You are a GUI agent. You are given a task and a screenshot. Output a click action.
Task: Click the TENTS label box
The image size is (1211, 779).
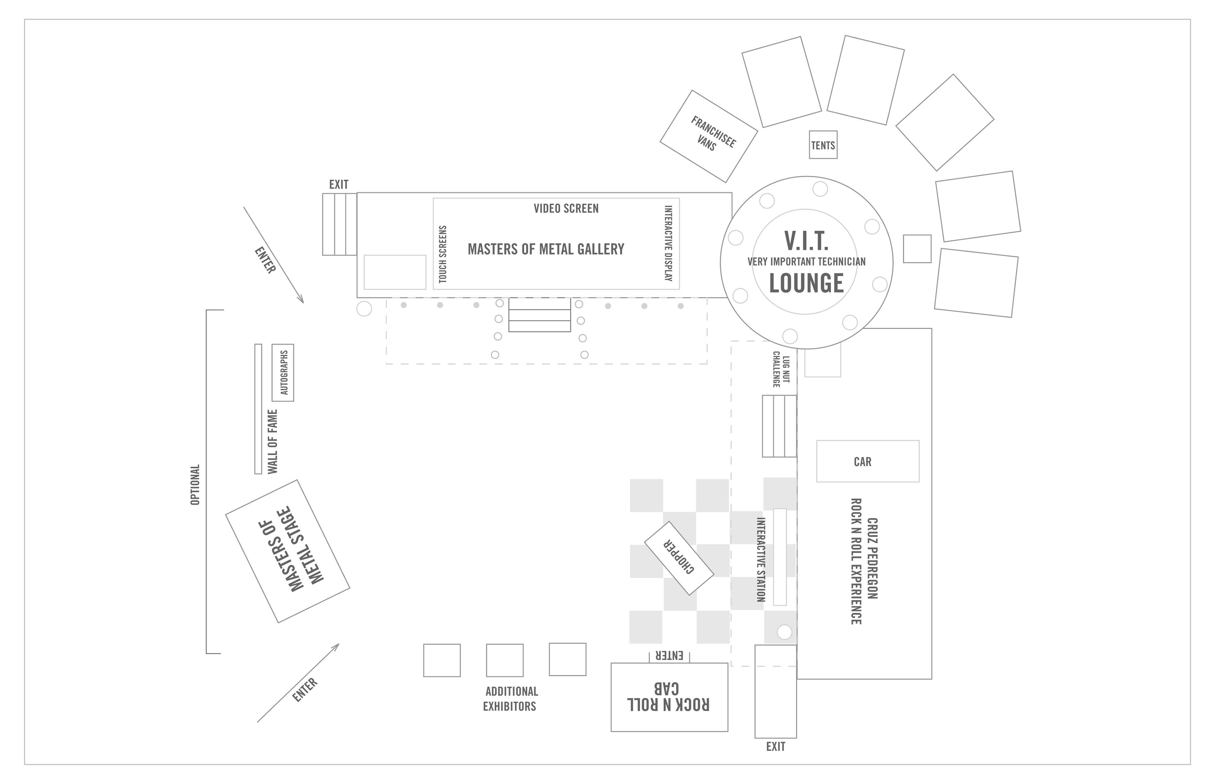point(823,145)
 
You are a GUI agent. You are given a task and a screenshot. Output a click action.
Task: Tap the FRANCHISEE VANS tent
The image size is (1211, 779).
point(709,136)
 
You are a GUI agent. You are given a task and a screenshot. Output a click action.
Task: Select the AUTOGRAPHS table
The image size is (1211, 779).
point(283,372)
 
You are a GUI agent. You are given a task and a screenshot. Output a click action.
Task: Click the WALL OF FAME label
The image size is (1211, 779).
point(273,441)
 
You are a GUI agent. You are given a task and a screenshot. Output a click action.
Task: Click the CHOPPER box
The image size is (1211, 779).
point(679,558)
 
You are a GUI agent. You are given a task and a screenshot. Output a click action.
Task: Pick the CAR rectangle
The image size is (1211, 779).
point(867,461)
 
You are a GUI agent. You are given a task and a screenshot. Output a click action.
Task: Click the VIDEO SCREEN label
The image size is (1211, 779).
point(566,208)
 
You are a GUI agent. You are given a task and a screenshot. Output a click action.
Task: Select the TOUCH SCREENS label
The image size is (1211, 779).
point(443,254)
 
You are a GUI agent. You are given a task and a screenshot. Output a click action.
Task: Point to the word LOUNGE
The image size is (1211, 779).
point(806,283)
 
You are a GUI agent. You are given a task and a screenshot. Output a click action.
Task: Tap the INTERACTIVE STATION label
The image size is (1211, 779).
point(761,559)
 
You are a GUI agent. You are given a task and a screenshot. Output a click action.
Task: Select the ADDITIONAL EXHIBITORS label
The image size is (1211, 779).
point(511,699)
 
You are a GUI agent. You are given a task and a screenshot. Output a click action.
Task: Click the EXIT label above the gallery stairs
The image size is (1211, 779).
point(339,185)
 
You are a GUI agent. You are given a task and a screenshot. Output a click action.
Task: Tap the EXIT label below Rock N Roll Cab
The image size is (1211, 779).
point(775,747)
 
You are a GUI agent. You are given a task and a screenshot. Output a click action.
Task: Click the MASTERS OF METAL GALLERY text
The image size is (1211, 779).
point(546,249)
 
